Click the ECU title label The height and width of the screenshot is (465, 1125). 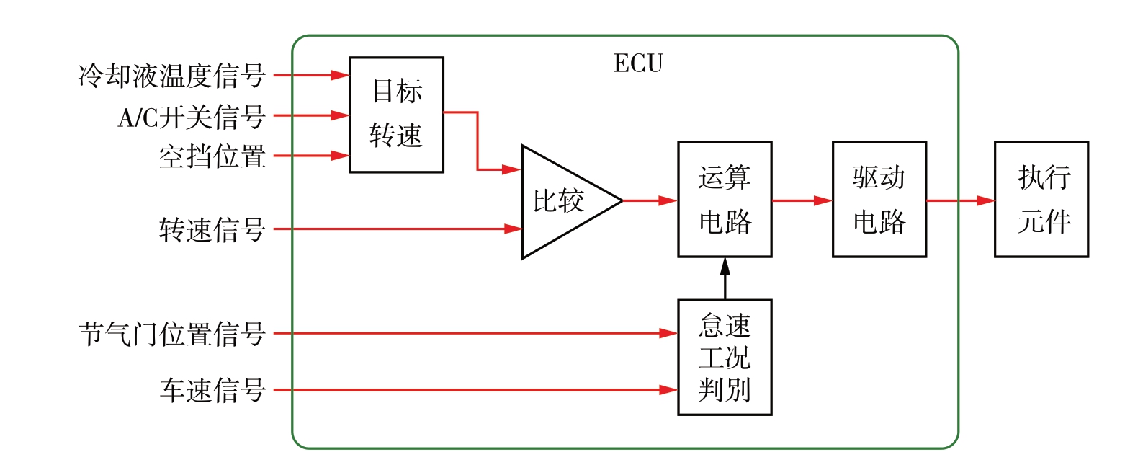click(x=637, y=63)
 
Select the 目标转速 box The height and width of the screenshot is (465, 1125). click(x=396, y=114)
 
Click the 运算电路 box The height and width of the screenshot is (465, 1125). click(x=725, y=199)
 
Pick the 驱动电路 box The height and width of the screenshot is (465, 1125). click(x=879, y=199)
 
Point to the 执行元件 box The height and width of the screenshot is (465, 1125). click(x=1041, y=199)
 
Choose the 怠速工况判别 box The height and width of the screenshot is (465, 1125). click(x=725, y=357)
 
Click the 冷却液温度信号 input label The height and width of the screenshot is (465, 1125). click(x=171, y=75)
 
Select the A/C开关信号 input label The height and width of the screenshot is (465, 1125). click(x=192, y=115)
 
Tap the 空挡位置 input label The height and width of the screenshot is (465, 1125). click(x=212, y=156)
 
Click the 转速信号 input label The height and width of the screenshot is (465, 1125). click(x=212, y=230)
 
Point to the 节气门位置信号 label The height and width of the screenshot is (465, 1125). click(x=171, y=334)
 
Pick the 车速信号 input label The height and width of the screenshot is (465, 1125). click(x=212, y=391)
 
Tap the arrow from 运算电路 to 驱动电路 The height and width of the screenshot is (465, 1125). click(x=802, y=201)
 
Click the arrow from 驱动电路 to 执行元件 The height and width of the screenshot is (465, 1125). click(x=960, y=201)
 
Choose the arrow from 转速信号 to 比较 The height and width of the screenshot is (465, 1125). click(x=396, y=229)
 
